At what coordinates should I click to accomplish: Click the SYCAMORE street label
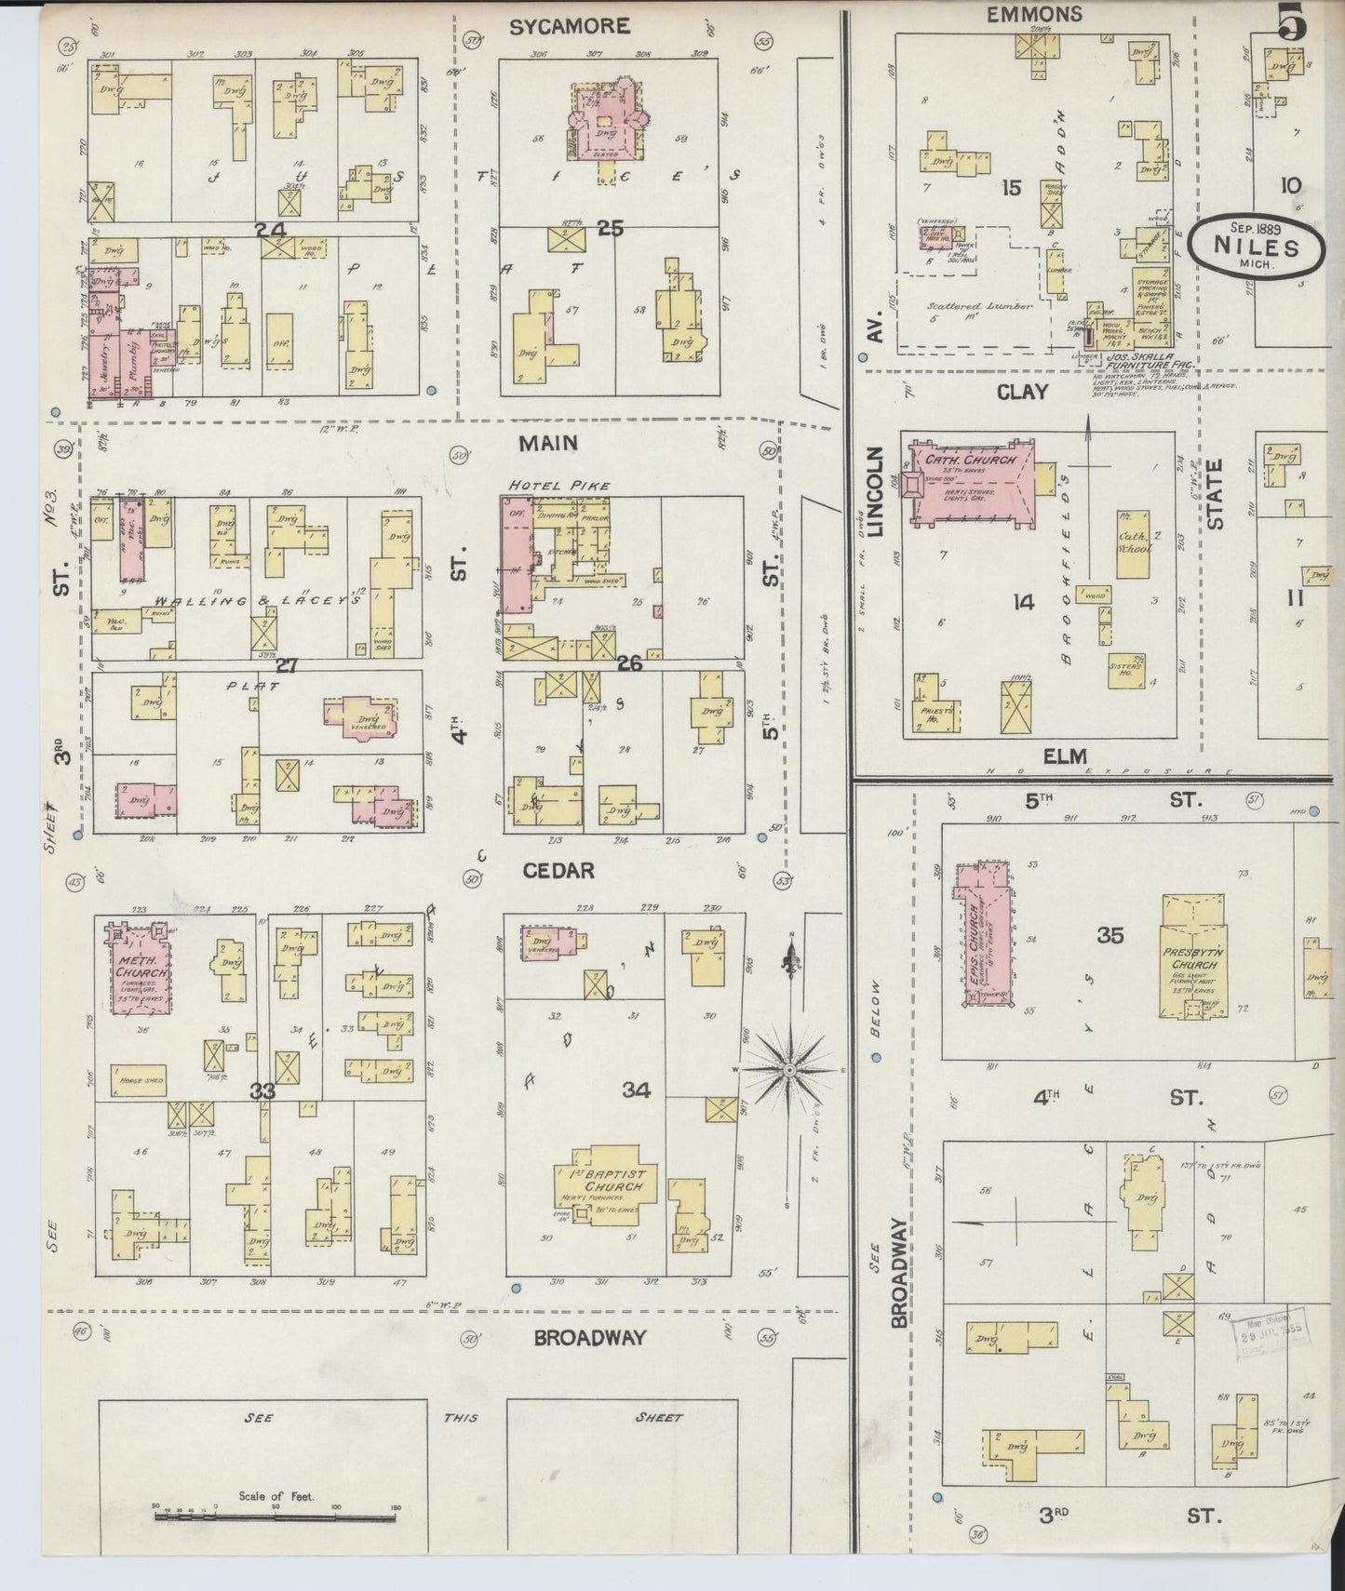[x=569, y=26]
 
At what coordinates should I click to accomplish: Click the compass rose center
[x=789, y=1070]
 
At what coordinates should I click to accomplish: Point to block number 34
[x=636, y=1090]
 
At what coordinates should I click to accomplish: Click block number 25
[x=610, y=225]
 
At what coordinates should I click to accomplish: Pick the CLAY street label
[x=1022, y=392]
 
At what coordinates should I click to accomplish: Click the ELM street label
[x=1064, y=756]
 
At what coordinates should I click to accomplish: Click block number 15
[x=1011, y=189]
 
